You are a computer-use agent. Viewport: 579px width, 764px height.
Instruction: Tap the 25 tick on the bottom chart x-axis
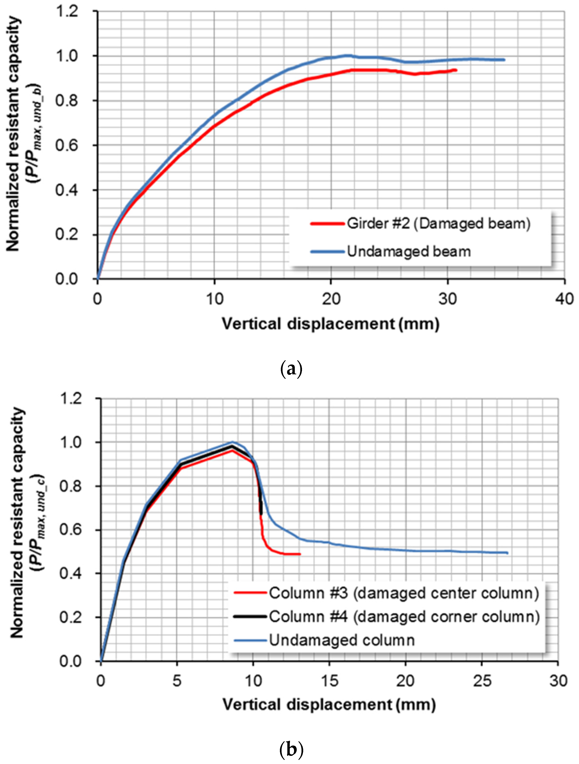tap(482, 681)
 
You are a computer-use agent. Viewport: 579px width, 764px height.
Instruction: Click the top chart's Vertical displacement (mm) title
tap(330, 324)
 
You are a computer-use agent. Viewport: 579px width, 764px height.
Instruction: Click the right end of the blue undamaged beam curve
tap(504, 60)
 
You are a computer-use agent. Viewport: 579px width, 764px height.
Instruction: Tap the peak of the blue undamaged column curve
tap(233, 442)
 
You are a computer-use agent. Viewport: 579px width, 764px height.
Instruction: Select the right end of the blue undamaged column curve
tap(507, 553)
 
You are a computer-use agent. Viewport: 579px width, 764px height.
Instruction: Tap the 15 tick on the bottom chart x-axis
tap(329, 681)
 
